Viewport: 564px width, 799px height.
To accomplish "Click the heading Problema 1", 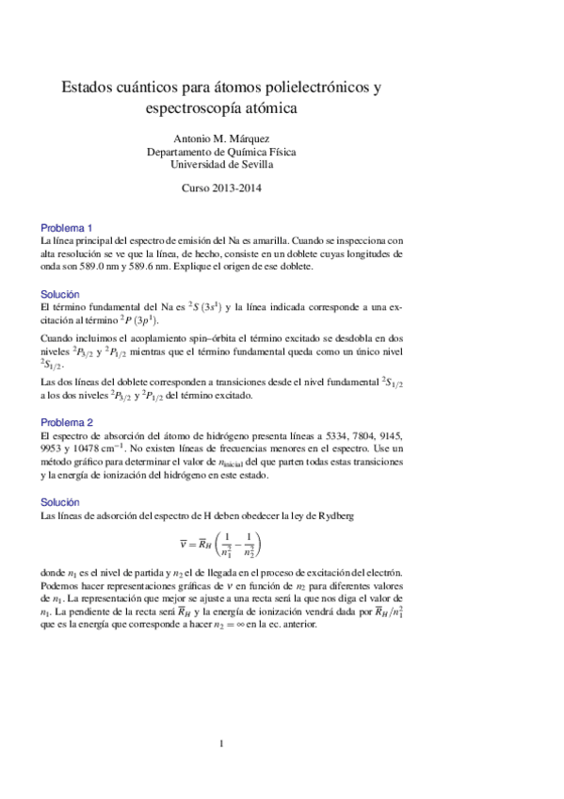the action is [x=65, y=228].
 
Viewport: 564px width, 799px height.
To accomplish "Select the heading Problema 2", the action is [x=65, y=423].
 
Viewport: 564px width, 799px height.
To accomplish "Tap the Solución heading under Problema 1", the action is [x=61, y=295].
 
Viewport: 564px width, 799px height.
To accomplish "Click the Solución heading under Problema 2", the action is [x=61, y=502].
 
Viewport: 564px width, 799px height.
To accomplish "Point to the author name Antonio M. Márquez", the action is [x=222, y=138].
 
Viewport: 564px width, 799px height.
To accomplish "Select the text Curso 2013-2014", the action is [x=222, y=188].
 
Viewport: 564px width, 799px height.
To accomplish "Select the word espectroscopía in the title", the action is [x=189, y=108].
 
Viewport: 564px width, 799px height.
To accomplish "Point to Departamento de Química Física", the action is [x=222, y=150].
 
